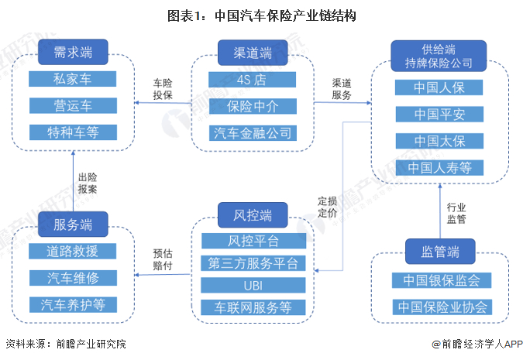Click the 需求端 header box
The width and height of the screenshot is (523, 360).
click(x=73, y=52)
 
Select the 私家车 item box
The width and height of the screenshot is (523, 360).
click(x=72, y=79)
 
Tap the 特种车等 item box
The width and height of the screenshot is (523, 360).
click(x=73, y=132)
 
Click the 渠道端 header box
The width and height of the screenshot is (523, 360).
click(x=253, y=53)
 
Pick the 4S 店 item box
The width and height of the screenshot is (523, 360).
click(x=252, y=80)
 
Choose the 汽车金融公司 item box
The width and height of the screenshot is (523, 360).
click(x=253, y=133)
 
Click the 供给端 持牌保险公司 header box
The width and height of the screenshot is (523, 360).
click(x=439, y=56)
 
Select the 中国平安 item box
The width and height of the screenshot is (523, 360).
click(x=439, y=115)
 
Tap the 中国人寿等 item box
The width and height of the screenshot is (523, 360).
click(x=439, y=168)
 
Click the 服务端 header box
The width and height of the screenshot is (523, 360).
click(x=73, y=225)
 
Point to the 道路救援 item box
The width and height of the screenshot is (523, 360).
click(x=72, y=252)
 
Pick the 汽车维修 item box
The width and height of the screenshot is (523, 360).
click(x=73, y=278)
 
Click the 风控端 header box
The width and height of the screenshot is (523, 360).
click(x=253, y=215)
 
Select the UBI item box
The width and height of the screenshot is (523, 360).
click(x=253, y=286)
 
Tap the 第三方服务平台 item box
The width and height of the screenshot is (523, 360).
click(x=253, y=263)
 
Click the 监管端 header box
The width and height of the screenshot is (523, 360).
click(x=440, y=252)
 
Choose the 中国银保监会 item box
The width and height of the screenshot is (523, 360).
click(x=442, y=280)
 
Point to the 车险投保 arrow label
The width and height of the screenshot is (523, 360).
click(x=163, y=89)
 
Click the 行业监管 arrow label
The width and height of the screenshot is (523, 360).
click(x=456, y=214)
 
